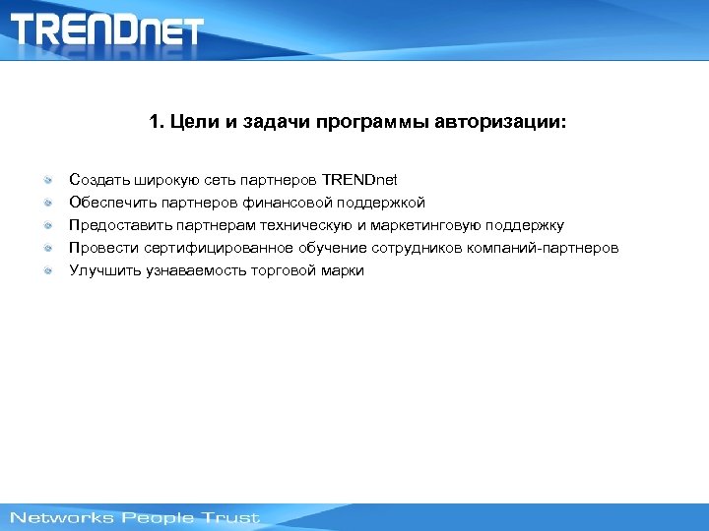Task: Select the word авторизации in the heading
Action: [500, 124]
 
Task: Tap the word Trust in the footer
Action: [231, 517]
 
